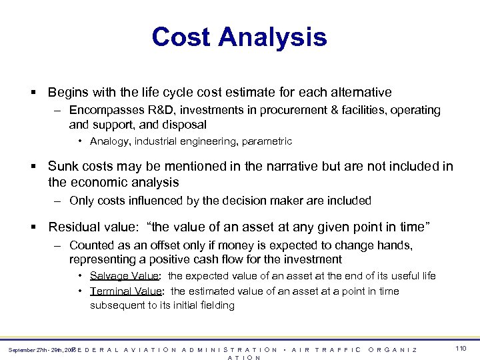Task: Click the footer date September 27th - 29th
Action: click(x=37, y=350)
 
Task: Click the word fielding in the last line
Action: click(x=215, y=305)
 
